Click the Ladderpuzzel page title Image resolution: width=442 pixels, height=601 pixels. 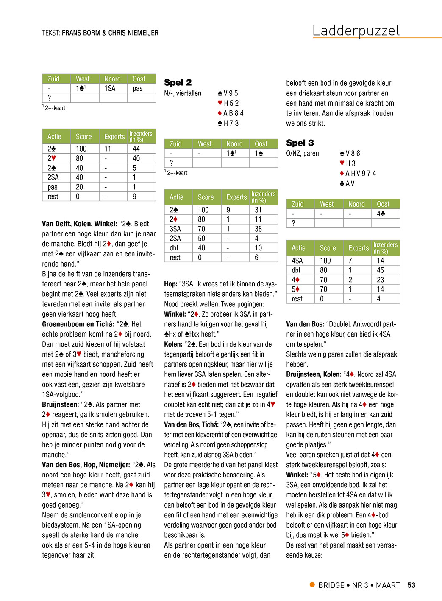coord(356,31)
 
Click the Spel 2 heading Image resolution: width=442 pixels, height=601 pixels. coord(178,82)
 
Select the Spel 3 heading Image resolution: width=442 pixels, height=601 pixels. coord(300,143)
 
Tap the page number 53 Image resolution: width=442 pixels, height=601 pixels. coord(411,585)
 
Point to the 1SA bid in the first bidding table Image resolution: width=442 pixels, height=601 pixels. coord(110,89)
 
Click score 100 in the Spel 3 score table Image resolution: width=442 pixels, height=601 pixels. coord(325,261)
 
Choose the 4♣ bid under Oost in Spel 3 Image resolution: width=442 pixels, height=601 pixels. coord(381,214)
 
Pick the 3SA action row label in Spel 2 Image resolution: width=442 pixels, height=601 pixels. coord(175,229)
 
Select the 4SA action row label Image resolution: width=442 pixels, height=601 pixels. coord(297,261)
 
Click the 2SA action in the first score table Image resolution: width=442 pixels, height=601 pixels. coord(53,177)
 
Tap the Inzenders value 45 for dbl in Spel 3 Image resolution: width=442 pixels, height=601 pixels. coord(380,270)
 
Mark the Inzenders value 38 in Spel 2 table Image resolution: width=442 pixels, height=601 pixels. coord(258,229)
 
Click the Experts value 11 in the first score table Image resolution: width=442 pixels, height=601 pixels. coord(108,149)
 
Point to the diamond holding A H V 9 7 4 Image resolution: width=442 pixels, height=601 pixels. coord(358,173)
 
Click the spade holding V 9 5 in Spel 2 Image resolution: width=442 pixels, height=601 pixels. coord(228,93)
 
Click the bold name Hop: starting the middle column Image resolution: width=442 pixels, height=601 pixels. coord(171,284)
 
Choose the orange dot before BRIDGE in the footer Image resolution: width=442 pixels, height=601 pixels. coord(312,585)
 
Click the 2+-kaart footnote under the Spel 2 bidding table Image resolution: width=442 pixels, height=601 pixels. coord(177,173)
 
